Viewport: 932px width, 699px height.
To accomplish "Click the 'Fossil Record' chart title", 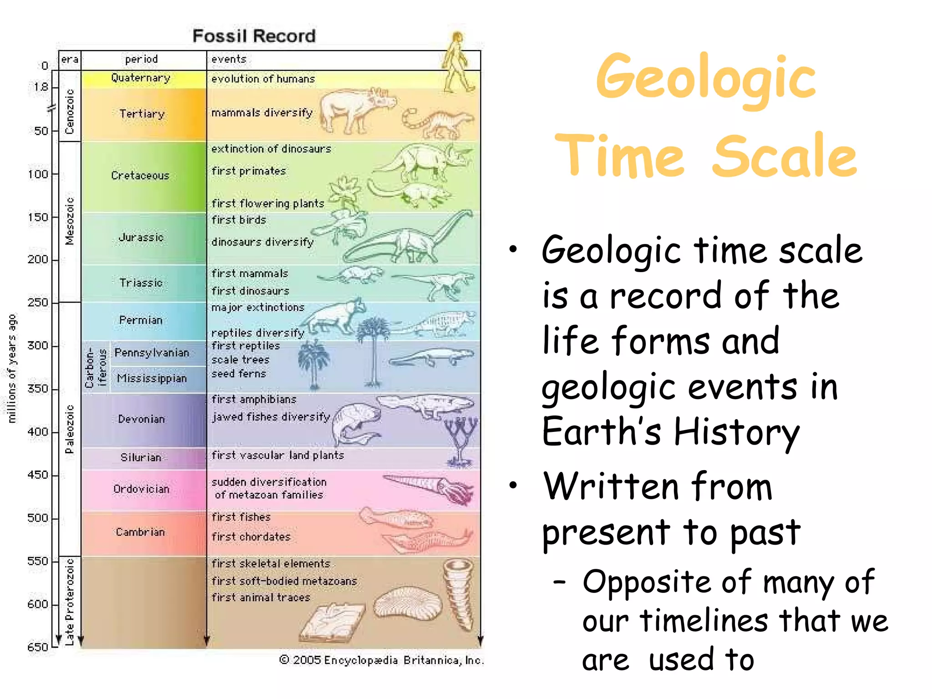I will [x=254, y=36].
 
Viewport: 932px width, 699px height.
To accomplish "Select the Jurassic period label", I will [x=141, y=238].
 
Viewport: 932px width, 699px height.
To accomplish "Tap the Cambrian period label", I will [x=140, y=532].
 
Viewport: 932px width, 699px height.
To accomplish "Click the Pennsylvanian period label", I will [x=152, y=353].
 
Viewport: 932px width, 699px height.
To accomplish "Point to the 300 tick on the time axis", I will [x=38, y=345].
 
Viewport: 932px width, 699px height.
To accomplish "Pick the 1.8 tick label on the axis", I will [x=41, y=87].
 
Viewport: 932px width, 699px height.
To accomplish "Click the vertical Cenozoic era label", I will [x=70, y=111].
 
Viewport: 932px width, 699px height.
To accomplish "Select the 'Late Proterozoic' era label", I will [x=70, y=602].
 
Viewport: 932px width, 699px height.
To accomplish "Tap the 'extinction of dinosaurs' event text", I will [x=271, y=149].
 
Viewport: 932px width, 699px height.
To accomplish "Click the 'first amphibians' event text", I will [x=254, y=399].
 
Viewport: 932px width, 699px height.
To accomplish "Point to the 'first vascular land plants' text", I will [x=278, y=455].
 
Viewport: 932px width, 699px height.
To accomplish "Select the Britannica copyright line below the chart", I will [x=381, y=660].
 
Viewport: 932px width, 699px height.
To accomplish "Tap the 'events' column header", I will [x=228, y=59].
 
